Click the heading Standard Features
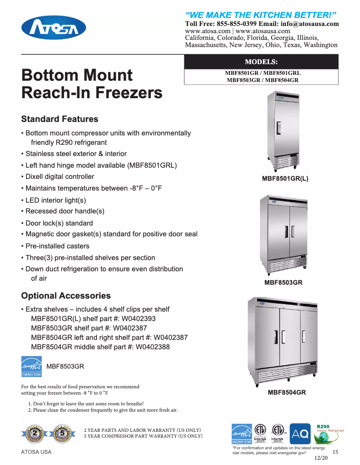pyautogui.click(x=60, y=119)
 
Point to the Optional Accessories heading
pyautogui.click(x=66, y=296)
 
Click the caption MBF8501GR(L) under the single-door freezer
pyautogui.click(x=285, y=178)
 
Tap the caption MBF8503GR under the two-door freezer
pyautogui.click(x=283, y=283)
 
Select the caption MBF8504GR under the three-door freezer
pyautogui.click(x=287, y=393)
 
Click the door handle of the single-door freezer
pyautogui.click(x=279, y=128)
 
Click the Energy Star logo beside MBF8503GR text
pyautogui.click(x=31, y=366)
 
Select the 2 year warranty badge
pyautogui.click(x=35, y=434)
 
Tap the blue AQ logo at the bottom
pyautogui.click(x=300, y=434)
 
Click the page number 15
pyautogui.click(x=335, y=452)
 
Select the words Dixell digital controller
pyautogui.click(x=60, y=177)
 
